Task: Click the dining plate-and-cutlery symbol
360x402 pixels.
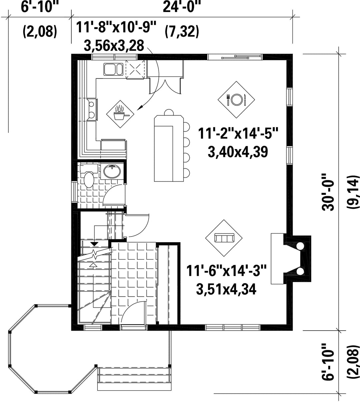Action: point(236,99)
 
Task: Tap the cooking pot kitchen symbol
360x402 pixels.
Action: point(120,114)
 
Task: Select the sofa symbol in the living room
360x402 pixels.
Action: point(224,238)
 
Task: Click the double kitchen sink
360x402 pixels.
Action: point(113,69)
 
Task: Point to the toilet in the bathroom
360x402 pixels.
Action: point(88,176)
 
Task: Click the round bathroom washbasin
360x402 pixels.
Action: point(112,171)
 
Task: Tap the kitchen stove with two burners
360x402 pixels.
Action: point(92,109)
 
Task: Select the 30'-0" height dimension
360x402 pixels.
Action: point(328,192)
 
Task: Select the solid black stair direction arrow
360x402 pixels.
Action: point(94,244)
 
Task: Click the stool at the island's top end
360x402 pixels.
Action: point(169,112)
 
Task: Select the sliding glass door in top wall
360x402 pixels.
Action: point(235,57)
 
